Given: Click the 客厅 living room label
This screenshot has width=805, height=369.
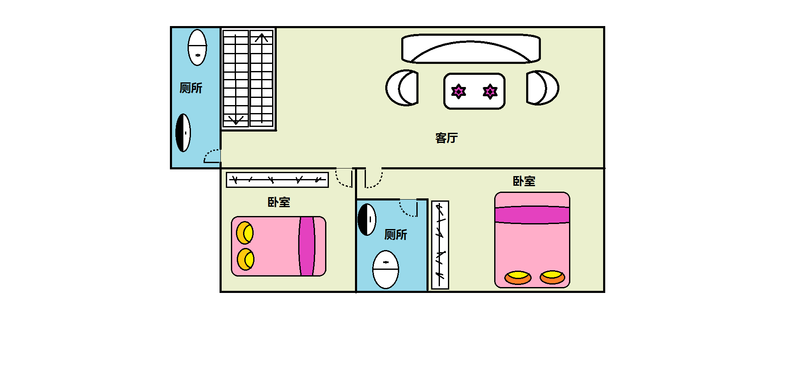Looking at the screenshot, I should coord(446,138).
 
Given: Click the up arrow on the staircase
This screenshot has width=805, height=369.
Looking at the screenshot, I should coord(262,38).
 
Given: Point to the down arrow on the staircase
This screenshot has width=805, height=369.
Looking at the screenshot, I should coord(236,120).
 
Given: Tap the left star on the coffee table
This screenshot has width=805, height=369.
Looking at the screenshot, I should coord(458,91).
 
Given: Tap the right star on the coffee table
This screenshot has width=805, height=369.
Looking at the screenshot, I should coord(490,91).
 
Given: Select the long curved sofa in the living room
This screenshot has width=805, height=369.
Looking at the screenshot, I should coord(471,48).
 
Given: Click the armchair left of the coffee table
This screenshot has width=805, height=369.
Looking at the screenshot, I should coord(402,88).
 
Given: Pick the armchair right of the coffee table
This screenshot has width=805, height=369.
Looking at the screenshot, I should coord(543,88).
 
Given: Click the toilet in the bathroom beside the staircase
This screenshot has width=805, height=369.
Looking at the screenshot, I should coord(197,47).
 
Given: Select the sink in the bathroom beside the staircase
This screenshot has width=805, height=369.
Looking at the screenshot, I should coord(183,133).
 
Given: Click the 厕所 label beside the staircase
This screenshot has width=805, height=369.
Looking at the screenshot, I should coord(191,88).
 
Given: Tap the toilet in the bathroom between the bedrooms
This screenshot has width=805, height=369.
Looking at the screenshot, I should coord(386,269).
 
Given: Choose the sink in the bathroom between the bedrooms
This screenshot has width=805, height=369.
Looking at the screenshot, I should coord(367,219).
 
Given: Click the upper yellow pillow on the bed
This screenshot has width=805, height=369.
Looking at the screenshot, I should coord(245,233).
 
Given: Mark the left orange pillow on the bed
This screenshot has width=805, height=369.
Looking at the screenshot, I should coord(518,277).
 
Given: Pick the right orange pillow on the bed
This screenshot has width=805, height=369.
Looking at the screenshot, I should coord(552,277).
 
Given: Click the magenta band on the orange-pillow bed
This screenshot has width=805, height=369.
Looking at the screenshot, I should coord(532,215).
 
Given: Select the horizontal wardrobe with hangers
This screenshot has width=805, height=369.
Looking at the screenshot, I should coord(277,180).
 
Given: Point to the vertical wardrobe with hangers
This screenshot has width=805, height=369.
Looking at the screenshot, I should coord(440,245).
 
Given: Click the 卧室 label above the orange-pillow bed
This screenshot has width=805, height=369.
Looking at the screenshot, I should coord(524,181).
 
